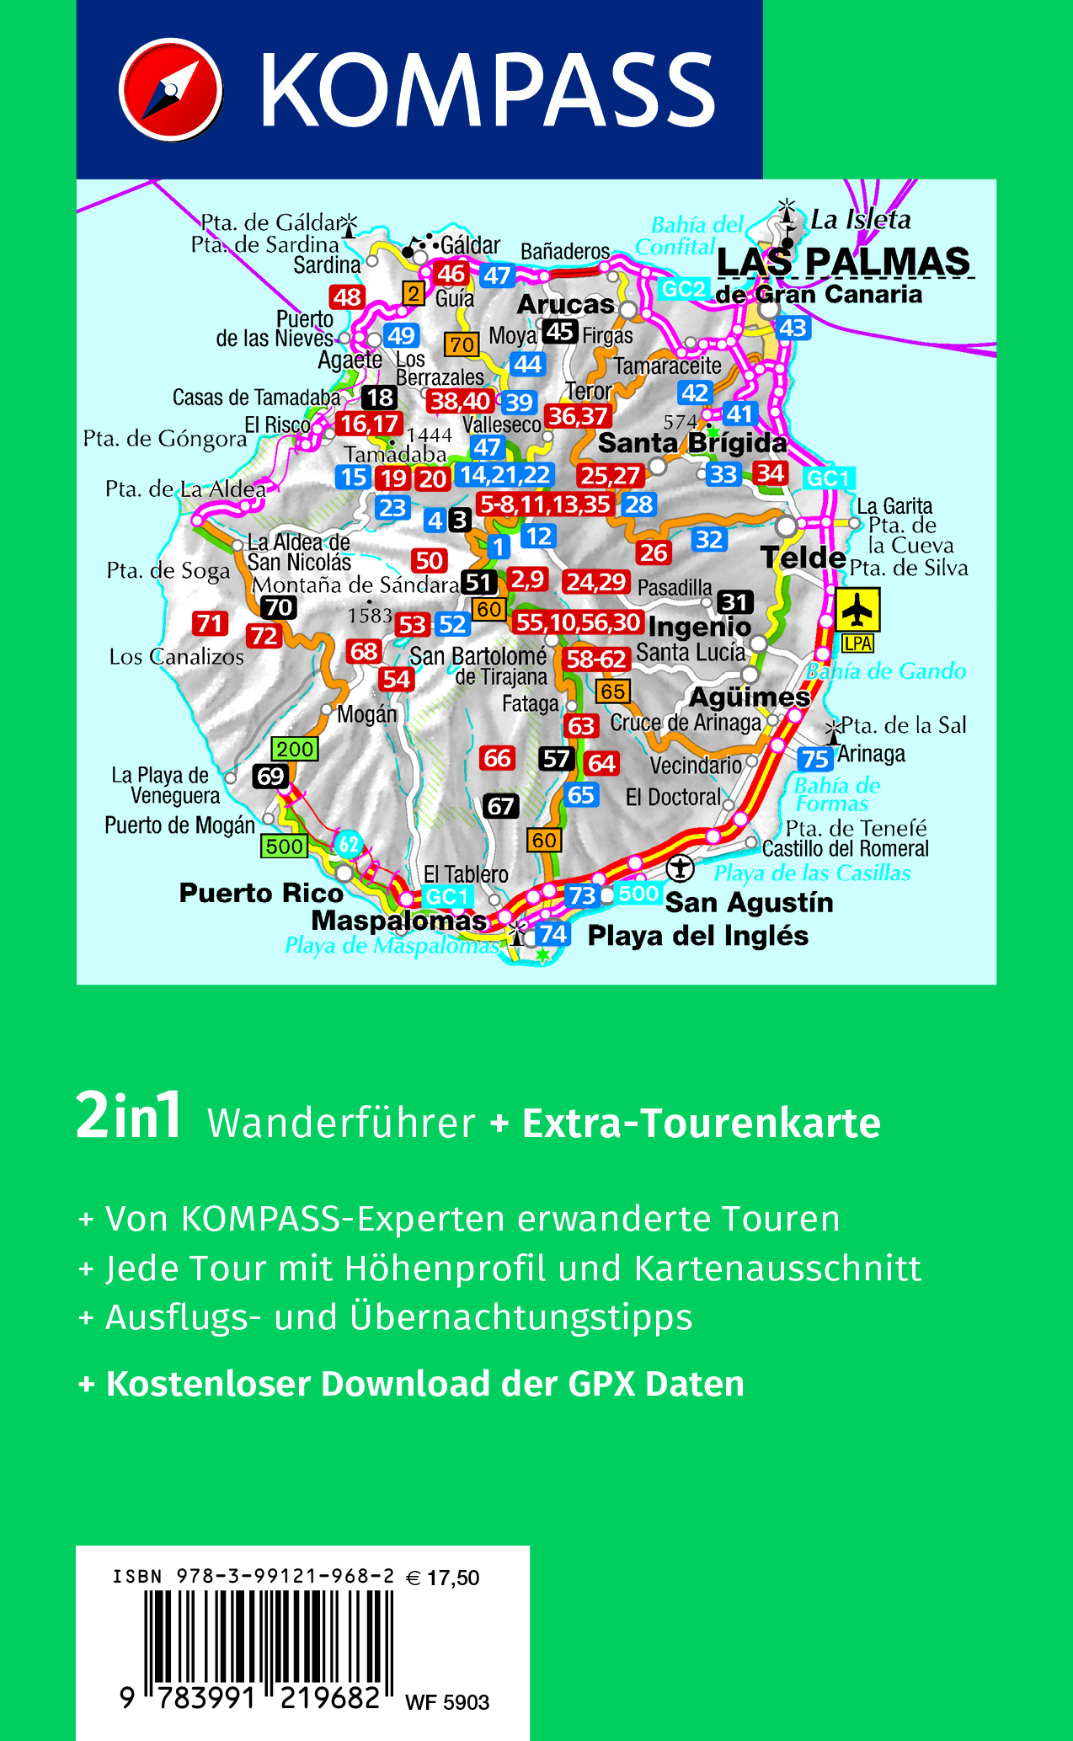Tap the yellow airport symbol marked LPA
[x=857, y=610]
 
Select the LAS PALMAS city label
[x=843, y=262]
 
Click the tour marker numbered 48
[x=347, y=297]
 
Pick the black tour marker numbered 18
[x=380, y=398]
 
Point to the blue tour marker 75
[x=814, y=759]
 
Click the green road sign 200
[x=295, y=749]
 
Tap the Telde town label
[x=803, y=558]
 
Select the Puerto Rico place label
[x=261, y=893]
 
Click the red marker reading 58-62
[x=596, y=660]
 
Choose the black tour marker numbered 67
[x=500, y=807]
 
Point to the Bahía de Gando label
[x=886, y=671]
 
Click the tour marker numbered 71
[x=210, y=623]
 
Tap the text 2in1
[x=129, y=1116]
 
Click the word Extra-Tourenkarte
[x=701, y=1124]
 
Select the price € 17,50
[x=443, y=1578]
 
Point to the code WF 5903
[x=447, y=1702]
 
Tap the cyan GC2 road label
[x=683, y=290]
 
